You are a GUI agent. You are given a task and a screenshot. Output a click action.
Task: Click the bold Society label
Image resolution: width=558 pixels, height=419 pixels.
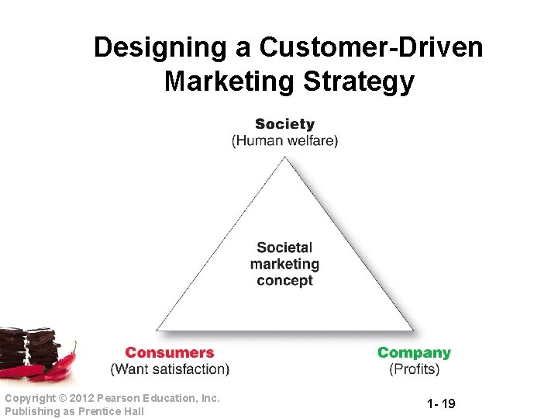point(284,124)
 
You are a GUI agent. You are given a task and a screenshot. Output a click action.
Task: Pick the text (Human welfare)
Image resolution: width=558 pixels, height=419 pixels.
point(284,141)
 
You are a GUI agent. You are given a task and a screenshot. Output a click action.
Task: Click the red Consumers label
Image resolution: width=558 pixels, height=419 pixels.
point(169,353)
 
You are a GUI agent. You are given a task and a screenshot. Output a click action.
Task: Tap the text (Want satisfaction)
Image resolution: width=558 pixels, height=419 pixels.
point(170,369)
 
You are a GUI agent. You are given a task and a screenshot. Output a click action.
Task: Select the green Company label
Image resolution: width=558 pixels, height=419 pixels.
point(414,353)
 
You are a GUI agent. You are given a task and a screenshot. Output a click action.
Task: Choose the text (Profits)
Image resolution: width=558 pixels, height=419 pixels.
point(414,369)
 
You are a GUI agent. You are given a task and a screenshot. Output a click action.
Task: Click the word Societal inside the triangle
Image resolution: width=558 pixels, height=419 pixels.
point(284,248)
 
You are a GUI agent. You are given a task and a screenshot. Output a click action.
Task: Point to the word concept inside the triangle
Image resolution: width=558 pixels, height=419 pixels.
point(284,281)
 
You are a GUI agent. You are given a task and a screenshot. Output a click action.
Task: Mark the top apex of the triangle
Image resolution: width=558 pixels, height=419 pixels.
point(285,157)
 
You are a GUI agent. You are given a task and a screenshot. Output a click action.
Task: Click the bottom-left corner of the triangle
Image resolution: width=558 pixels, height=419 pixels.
point(156,330)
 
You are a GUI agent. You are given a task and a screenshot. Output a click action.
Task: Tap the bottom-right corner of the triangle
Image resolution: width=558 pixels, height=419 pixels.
point(413,330)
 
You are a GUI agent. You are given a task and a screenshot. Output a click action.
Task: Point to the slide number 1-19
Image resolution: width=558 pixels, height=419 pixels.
point(441,403)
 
